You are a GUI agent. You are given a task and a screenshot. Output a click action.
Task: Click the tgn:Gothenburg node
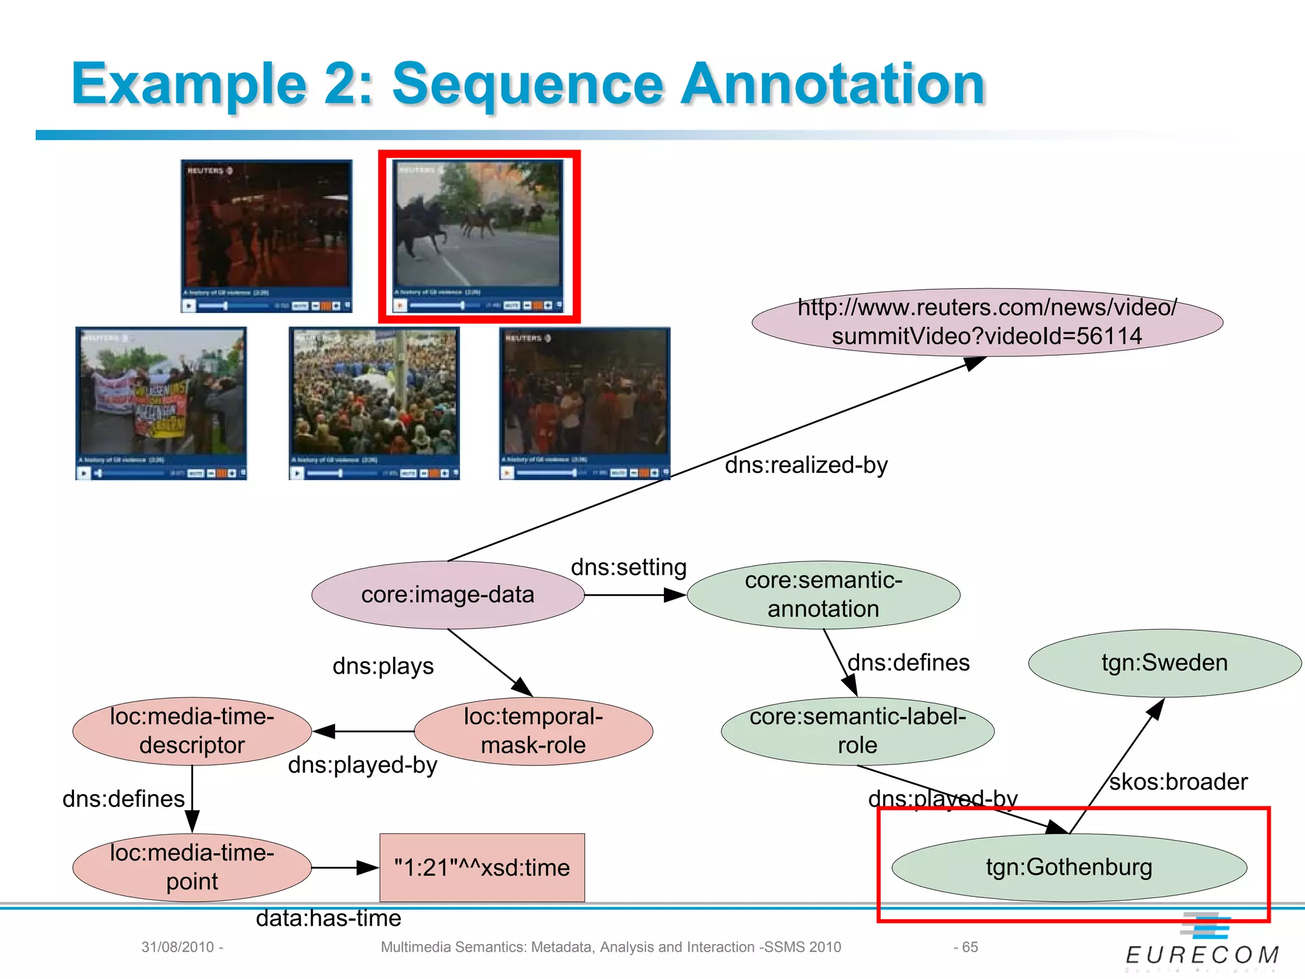(1069, 867)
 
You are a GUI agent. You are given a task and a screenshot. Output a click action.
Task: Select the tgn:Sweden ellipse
(1164, 663)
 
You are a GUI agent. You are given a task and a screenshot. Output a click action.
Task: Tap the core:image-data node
(447, 595)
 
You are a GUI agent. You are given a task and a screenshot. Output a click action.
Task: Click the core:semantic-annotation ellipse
(823, 595)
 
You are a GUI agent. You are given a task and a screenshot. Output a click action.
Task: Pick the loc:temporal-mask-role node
(533, 731)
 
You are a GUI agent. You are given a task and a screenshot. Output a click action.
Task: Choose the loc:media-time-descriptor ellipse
(192, 731)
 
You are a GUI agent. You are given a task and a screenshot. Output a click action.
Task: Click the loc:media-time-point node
(192, 867)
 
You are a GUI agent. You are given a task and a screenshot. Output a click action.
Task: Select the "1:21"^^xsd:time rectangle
(482, 867)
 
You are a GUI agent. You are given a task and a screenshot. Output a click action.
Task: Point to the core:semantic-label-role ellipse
(857, 731)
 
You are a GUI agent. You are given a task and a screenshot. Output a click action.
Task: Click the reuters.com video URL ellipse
(987, 322)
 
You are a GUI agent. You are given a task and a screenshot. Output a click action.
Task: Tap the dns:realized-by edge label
(806, 465)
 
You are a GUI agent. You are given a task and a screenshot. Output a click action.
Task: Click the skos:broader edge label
(1178, 782)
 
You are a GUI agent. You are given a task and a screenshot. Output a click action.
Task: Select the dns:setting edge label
(628, 567)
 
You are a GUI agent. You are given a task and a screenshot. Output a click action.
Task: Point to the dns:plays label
(383, 666)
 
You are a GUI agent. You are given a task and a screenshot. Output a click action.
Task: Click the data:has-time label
(328, 918)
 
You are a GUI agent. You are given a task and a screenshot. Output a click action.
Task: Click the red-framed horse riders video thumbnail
(479, 236)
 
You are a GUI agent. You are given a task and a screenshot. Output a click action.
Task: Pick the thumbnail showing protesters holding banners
(161, 403)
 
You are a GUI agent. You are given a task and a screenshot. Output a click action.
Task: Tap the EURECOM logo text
(1202, 955)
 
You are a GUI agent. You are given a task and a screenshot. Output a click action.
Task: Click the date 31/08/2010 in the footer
(178, 947)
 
